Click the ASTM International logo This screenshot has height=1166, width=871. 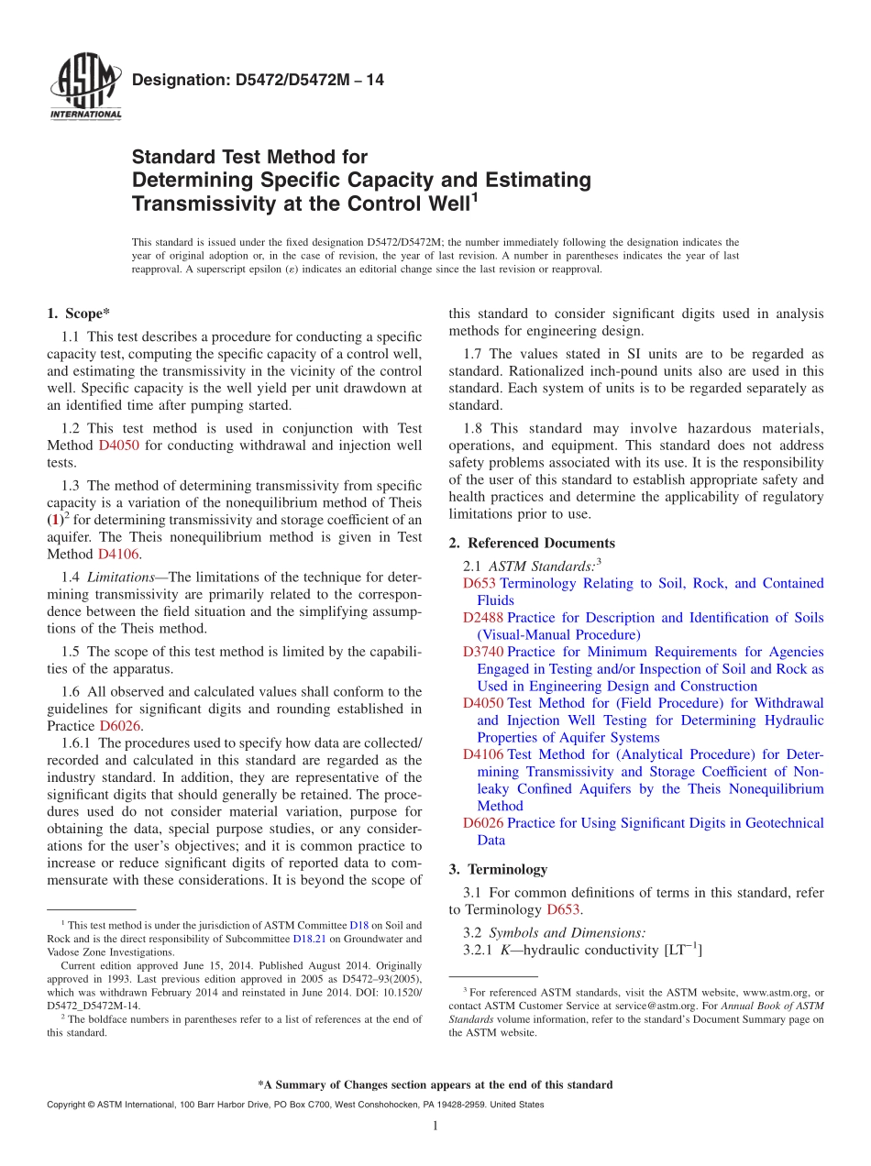84,88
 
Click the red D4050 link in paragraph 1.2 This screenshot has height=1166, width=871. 116,445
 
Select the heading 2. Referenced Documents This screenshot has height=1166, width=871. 532,544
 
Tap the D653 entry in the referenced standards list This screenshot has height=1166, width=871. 479,583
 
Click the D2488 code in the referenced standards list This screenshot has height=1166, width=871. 483,618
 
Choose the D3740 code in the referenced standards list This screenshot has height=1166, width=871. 483,652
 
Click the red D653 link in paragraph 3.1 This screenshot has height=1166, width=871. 564,909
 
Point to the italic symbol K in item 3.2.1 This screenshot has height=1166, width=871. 504,951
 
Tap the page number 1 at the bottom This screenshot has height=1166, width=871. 435,1126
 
